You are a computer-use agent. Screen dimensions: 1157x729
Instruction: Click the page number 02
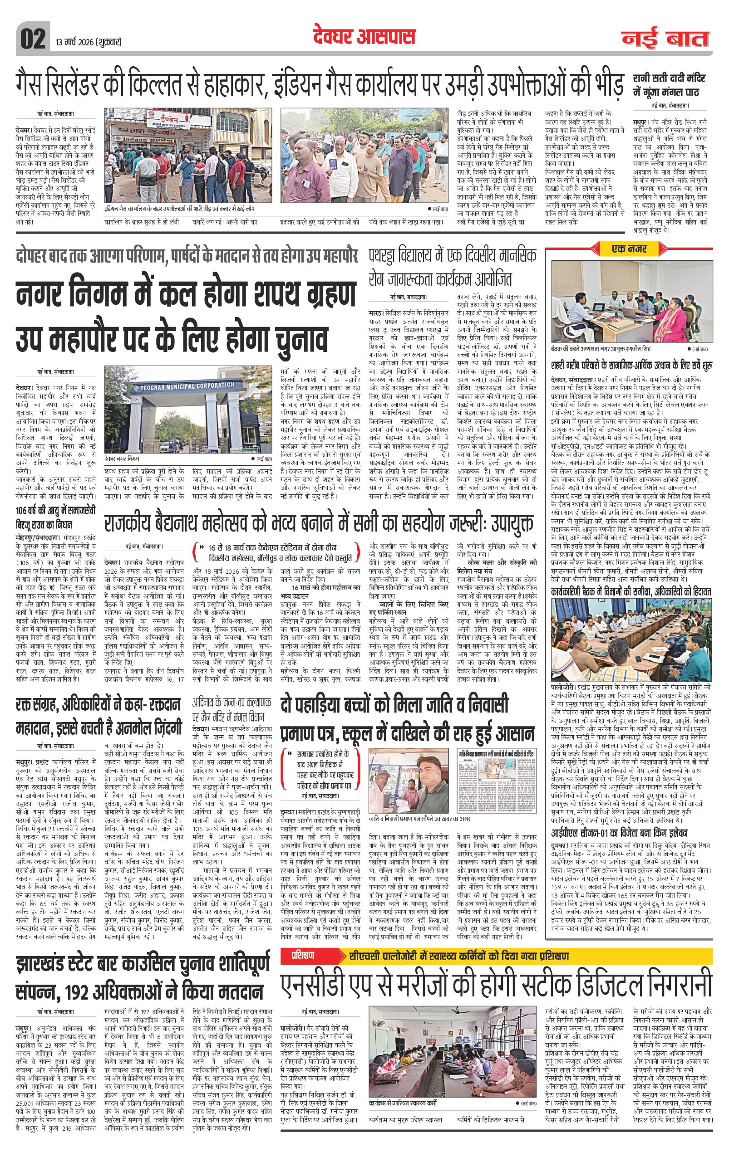click(33, 39)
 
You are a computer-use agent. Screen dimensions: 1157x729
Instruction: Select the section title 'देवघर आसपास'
click(364, 37)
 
